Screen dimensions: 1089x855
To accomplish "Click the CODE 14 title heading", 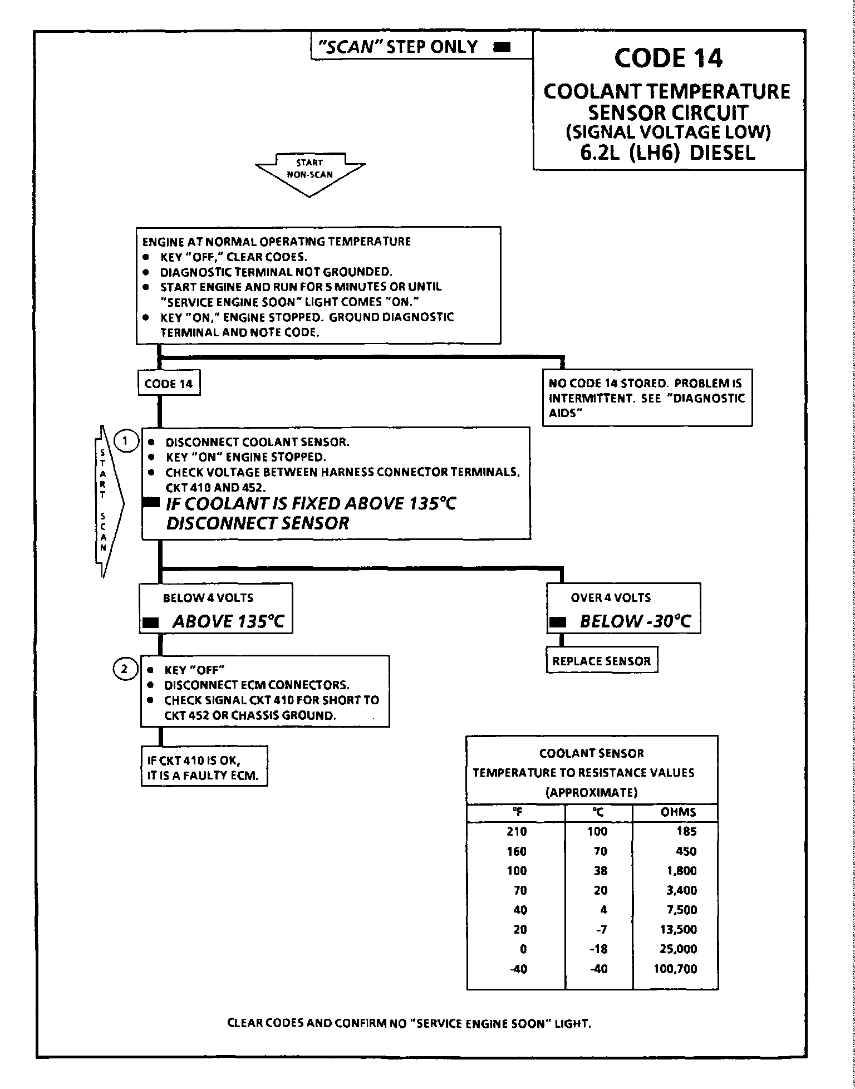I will [668, 58].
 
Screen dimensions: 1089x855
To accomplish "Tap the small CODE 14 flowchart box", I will [169, 384].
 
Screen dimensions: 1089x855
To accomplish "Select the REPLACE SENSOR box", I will [602, 661].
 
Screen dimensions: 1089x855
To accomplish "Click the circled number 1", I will [126, 442].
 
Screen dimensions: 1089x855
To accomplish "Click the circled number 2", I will [125, 669].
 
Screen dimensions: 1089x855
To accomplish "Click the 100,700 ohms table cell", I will [675, 969].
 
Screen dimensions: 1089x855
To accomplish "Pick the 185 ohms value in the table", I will [686, 831].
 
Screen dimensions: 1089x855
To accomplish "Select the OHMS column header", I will [678, 812].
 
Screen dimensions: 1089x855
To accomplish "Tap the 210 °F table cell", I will [517, 831].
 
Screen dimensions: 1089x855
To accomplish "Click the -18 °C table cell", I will [599, 949].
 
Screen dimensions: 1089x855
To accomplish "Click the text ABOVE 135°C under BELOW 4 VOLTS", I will [228, 621].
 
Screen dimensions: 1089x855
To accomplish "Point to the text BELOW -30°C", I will [635, 621].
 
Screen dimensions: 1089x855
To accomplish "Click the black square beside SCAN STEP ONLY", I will [502, 47].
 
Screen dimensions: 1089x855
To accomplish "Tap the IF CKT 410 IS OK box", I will [204, 767].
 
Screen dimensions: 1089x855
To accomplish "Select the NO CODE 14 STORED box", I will [647, 398].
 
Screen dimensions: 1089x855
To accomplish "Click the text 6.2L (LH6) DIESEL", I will [667, 153].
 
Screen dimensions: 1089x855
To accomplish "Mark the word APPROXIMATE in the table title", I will [591, 792].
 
